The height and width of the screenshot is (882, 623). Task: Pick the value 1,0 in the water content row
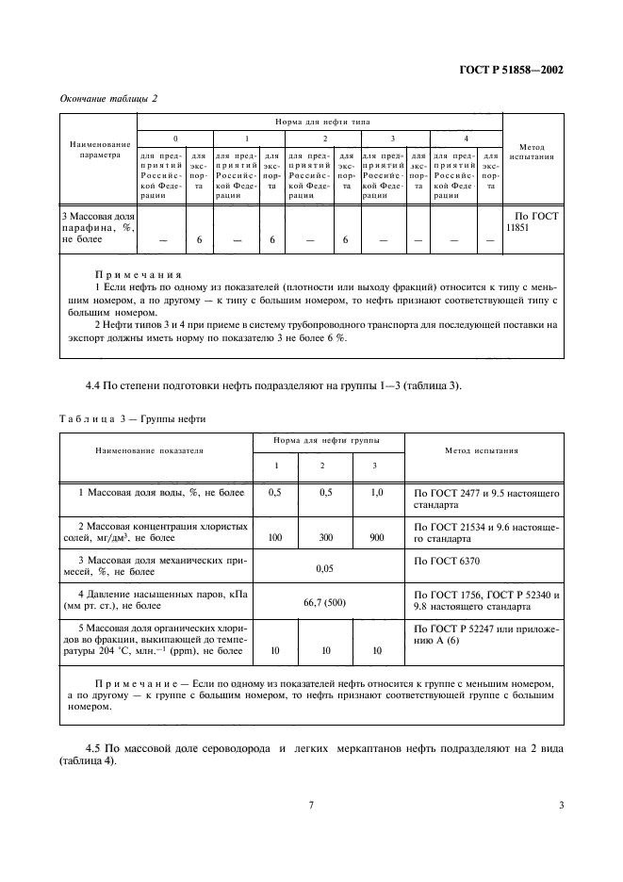[377, 493]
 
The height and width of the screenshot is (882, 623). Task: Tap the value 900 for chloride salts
[377, 536]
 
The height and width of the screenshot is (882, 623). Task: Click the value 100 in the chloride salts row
[275, 536]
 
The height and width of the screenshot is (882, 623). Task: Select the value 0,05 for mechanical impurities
[326, 569]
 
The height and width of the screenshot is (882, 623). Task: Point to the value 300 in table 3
[326, 536]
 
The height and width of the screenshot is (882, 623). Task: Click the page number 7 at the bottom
[311, 805]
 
